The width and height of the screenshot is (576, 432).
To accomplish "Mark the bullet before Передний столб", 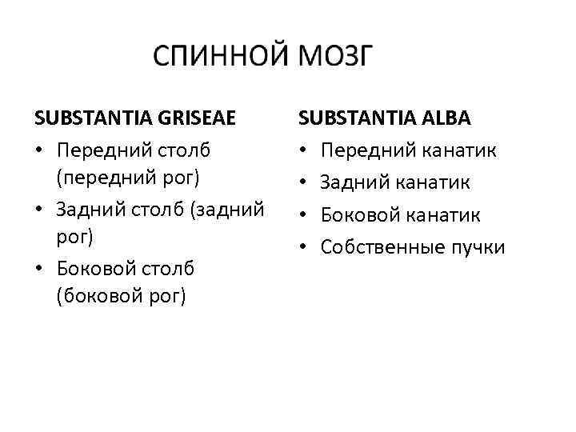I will (39, 150).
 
